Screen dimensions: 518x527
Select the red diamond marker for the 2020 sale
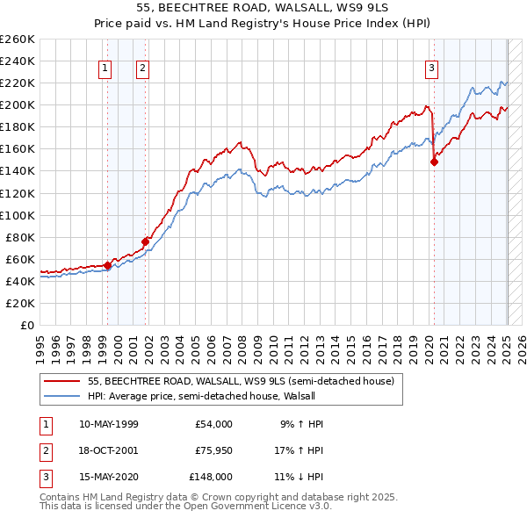coord(434,162)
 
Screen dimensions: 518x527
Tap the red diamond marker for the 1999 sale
coord(107,265)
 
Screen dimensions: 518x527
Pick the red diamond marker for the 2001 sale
coord(146,241)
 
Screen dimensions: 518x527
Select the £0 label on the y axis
coord(26,325)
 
